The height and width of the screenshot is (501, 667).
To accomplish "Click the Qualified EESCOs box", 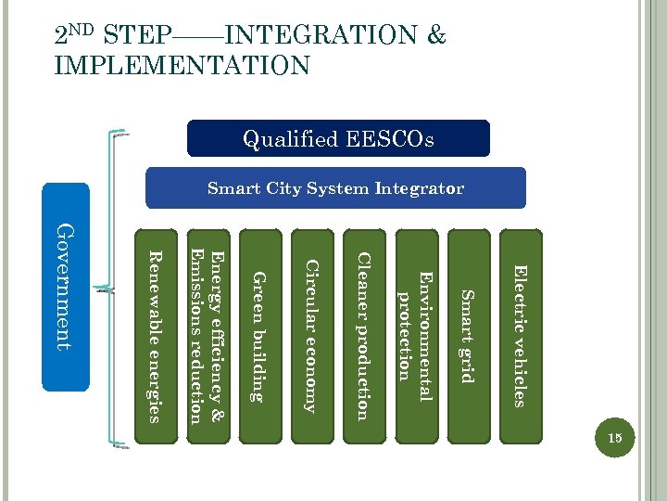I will [338, 139].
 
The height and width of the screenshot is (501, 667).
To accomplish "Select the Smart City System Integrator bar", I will [335, 188].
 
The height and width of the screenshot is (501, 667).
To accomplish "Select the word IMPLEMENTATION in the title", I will [182, 66].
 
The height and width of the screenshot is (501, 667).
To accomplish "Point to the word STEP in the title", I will [138, 37].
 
